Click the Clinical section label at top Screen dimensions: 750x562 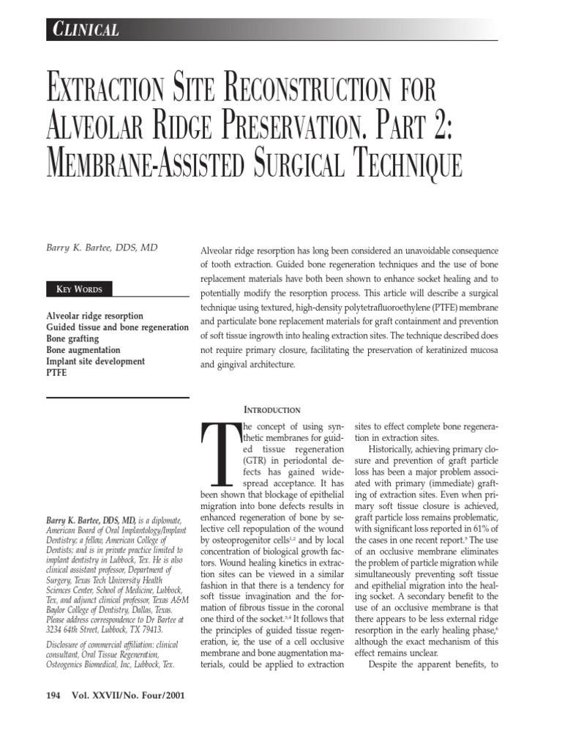coord(86,29)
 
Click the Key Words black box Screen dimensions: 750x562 coord(80,289)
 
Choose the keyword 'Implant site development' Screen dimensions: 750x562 coord(95,361)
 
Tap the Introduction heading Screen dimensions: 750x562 coord(271,409)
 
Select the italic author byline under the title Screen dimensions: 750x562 coord(102,248)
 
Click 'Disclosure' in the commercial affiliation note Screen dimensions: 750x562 coord(70,645)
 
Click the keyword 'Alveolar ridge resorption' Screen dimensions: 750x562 coord(94,316)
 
